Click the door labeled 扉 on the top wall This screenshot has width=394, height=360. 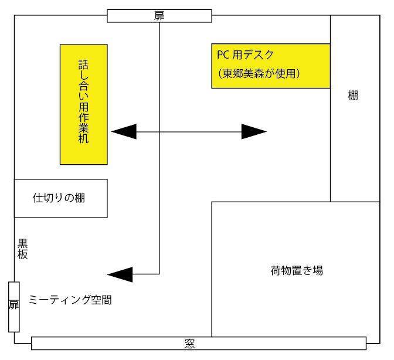click(159, 16)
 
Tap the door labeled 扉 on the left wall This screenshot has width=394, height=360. click(14, 306)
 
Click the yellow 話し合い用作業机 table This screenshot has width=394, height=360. click(84, 104)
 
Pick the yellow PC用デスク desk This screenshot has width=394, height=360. click(271, 65)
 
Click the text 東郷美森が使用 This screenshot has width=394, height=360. click(258, 74)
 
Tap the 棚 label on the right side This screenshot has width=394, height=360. click(353, 96)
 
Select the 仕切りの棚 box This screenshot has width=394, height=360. click(60, 198)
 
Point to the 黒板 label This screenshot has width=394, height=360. click(22, 249)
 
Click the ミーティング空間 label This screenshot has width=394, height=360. click(70, 301)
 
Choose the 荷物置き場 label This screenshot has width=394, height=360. click(297, 270)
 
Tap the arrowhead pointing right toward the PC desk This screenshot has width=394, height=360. click(254, 132)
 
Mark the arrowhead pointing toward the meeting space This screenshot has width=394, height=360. click(121, 274)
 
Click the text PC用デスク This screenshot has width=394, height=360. click(245, 56)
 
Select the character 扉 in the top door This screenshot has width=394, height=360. click(159, 16)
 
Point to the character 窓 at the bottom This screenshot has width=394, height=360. click(189, 344)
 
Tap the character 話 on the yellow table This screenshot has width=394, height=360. click(84, 63)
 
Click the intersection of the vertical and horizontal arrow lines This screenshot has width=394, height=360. click(159, 132)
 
